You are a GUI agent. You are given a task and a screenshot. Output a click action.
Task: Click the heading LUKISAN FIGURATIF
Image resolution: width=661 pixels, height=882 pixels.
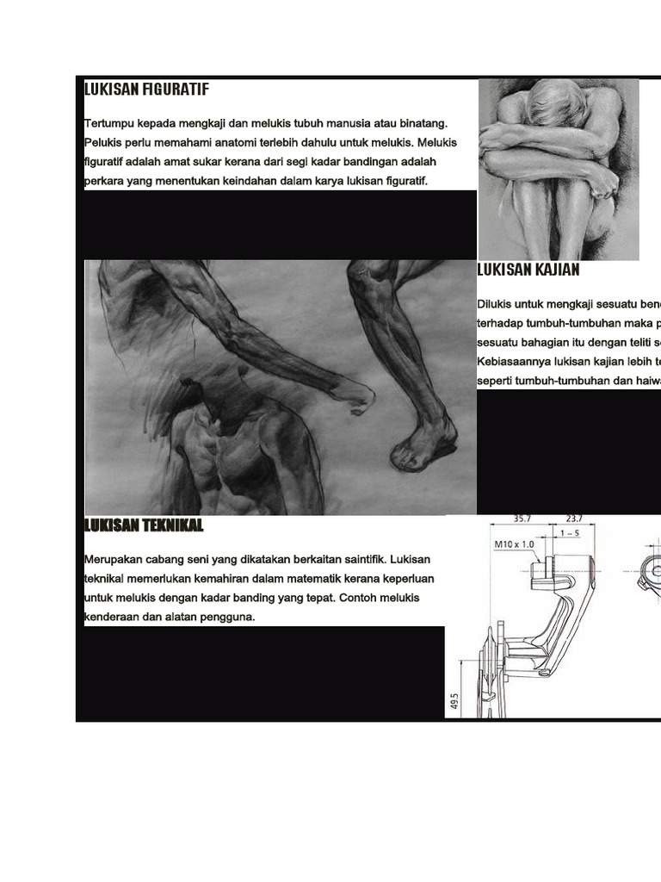pyautogui.click(x=146, y=89)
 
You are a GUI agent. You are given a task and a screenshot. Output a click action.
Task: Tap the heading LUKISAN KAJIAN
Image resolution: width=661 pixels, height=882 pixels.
pyautogui.click(x=528, y=270)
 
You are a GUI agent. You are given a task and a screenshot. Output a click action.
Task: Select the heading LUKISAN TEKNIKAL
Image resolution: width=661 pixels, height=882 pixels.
pyautogui.click(x=144, y=525)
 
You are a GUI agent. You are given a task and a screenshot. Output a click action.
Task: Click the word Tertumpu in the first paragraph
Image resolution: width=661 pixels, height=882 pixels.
pyautogui.click(x=110, y=124)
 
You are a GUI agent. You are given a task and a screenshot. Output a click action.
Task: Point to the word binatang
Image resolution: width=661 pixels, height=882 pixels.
pyautogui.click(x=421, y=124)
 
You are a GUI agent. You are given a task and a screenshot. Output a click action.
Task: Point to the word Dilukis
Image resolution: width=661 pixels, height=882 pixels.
pyautogui.click(x=494, y=305)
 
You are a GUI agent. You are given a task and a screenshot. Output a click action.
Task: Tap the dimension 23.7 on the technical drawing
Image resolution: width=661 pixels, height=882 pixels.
pyautogui.click(x=575, y=519)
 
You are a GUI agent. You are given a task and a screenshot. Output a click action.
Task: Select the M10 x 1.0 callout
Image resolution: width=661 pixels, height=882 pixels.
pyautogui.click(x=514, y=544)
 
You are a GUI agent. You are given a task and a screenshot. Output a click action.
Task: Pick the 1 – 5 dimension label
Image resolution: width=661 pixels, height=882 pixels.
pyautogui.click(x=569, y=534)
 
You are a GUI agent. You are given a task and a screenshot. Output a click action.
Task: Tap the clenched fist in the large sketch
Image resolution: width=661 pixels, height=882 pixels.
pyautogui.click(x=353, y=397)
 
